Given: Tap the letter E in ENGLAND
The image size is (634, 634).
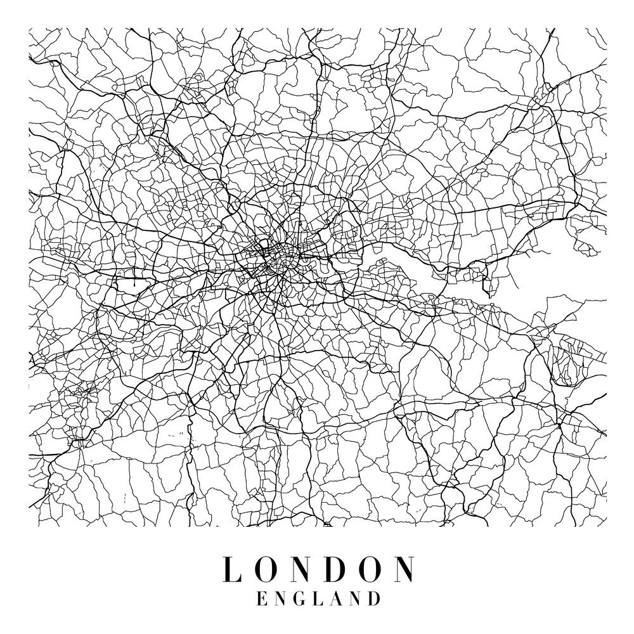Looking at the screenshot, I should coord(261,598).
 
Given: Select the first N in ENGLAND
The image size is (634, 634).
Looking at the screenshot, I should coord(279,598).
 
